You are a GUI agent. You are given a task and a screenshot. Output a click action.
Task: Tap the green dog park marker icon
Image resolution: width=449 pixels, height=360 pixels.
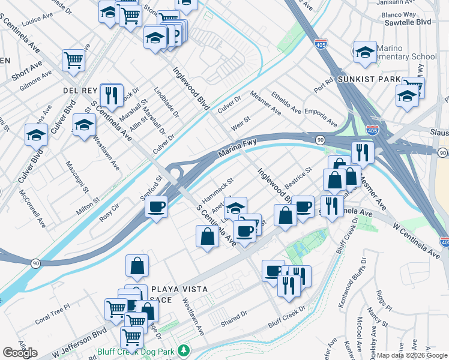184,350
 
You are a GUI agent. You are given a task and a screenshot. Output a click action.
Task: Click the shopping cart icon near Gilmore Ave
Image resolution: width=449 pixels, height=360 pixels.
73,60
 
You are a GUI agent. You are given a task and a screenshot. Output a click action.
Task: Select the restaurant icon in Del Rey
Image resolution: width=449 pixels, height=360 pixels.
111,94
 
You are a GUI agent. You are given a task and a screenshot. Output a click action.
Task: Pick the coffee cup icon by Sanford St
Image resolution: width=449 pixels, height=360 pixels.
157,208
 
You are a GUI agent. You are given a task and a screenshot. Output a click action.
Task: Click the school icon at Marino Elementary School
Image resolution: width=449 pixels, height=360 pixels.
364,52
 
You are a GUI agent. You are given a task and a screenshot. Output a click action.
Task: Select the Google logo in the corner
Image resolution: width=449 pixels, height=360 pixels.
20,353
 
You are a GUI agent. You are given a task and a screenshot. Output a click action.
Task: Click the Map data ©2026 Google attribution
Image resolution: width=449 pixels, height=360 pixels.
412,355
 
